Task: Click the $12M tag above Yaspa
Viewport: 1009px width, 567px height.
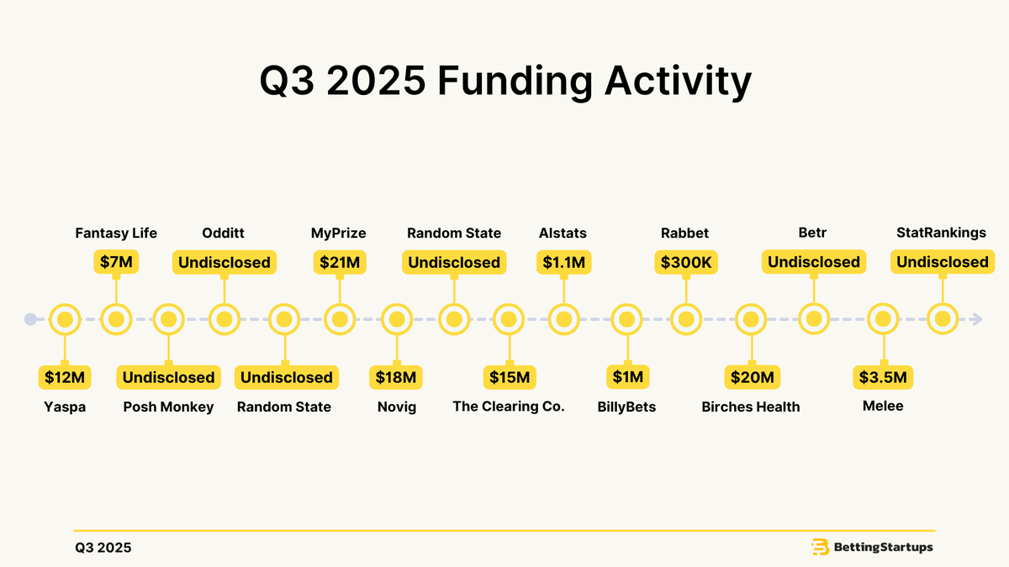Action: [x=65, y=377]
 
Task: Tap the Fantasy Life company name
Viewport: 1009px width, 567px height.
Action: [x=116, y=233]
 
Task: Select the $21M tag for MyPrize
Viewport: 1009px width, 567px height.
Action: [x=340, y=262]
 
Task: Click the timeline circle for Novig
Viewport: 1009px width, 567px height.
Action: [x=397, y=319]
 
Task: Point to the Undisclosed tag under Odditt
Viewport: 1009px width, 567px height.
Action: [x=224, y=262]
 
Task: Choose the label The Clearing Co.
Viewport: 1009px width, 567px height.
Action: [x=509, y=407]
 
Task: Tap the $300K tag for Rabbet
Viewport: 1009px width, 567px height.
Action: [x=686, y=262]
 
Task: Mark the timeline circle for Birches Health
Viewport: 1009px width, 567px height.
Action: [x=751, y=319]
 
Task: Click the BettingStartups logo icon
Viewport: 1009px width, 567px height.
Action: [x=820, y=548]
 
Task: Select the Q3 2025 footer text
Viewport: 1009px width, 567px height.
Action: [x=103, y=548]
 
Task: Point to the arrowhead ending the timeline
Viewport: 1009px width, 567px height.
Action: [x=975, y=319]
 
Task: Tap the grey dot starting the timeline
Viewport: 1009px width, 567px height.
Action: [x=30, y=319]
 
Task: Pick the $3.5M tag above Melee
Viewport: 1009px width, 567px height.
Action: [x=883, y=377]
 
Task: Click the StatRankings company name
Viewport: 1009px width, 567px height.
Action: [x=942, y=233]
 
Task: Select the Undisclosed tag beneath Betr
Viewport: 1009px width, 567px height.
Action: [x=814, y=262]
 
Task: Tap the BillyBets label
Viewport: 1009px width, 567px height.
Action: [x=626, y=407]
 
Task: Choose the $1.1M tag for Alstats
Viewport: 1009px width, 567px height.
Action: [x=563, y=262]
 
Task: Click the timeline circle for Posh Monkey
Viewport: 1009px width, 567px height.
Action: [x=168, y=319]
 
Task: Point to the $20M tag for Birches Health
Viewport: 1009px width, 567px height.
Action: [x=751, y=377]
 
